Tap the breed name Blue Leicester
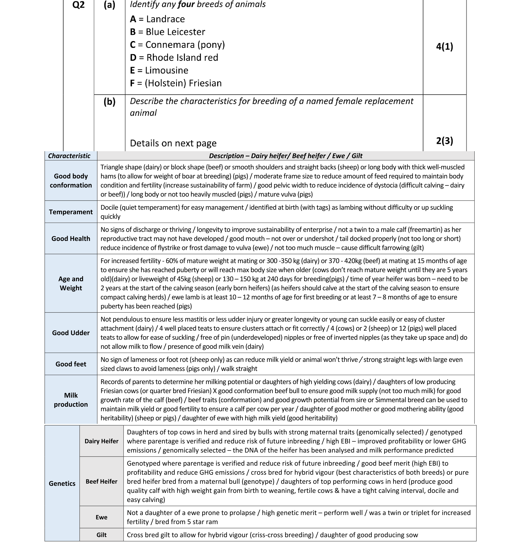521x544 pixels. pos(175,32)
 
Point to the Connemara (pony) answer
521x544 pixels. pos(185,45)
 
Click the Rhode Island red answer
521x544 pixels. pos(182,57)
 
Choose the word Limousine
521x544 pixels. pos(167,70)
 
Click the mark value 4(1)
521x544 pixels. pos(444,46)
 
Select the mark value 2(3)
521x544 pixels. pos(444,141)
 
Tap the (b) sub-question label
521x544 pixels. pos(109,102)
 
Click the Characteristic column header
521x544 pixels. pos(69,156)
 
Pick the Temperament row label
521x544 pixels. pos(71,212)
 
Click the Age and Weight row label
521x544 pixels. pos(71,283)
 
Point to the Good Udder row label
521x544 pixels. pos(71,333)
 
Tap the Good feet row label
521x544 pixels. pos(71,364)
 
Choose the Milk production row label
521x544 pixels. pos(71,400)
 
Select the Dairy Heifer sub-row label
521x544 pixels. pos(101,441)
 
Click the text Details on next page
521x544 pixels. pos(173,143)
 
